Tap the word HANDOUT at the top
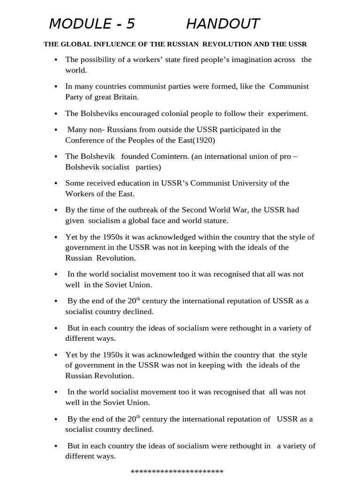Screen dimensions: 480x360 [223, 24]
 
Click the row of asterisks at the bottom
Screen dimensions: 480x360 [177, 472]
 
